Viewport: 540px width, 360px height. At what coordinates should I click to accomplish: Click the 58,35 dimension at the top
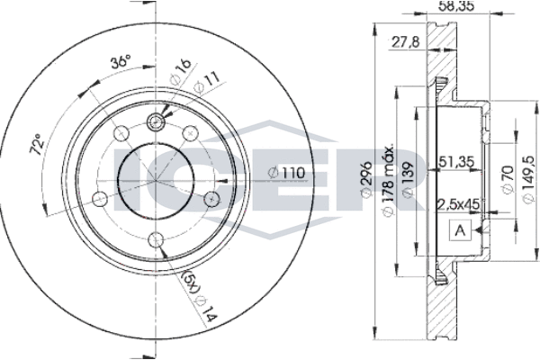pos(454,6)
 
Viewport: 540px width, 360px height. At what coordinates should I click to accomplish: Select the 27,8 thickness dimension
pos(405,42)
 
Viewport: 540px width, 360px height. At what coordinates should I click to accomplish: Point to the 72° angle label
pos(37,144)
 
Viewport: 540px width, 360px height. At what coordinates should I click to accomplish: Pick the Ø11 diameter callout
pos(206,84)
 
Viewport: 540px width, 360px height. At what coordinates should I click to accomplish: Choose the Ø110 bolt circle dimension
pos(287,172)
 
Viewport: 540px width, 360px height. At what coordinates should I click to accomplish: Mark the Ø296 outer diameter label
pos(366,179)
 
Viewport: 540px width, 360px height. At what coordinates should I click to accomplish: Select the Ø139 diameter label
pos(409,180)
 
